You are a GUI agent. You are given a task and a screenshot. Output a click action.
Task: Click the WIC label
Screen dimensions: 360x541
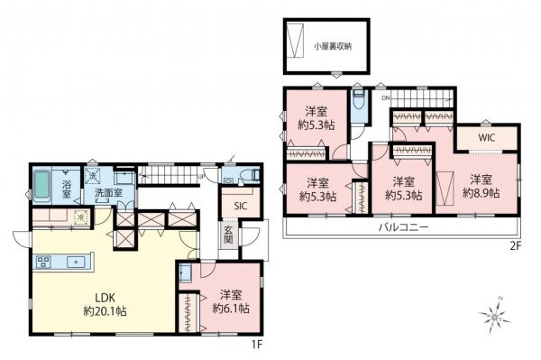(x=487, y=137)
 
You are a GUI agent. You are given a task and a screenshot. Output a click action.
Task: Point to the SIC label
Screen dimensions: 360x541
(x=240, y=206)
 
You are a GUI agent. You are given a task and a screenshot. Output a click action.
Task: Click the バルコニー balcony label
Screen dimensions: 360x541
(x=402, y=227)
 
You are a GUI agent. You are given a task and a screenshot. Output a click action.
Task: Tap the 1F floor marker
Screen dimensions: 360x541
(x=256, y=345)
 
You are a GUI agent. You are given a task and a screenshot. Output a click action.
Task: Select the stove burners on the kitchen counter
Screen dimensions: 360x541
(x=42, y=262)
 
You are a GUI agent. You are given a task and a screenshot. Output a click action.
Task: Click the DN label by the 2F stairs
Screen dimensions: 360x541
(x=385, y=97)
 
